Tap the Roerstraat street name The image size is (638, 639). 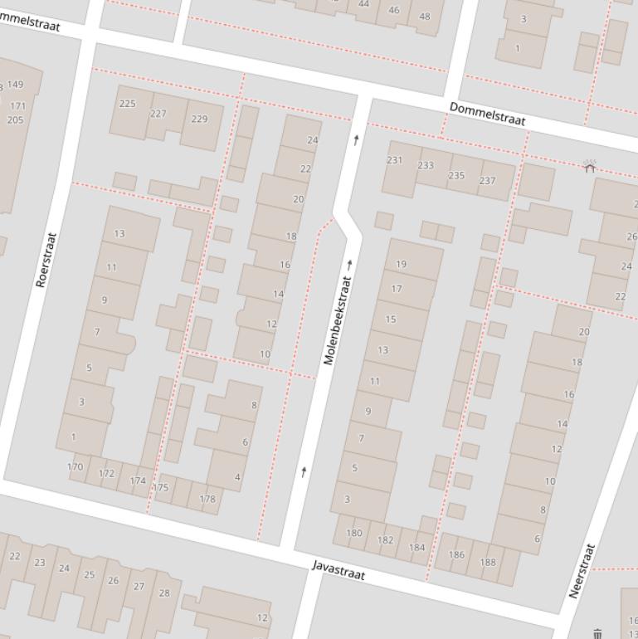click(x=47, y=260)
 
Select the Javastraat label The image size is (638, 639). click(x=338, y=570)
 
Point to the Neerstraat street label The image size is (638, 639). click(x=582, y=571)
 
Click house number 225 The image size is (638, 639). click(x=128, y=104)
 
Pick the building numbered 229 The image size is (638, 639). click(x=199, y=119)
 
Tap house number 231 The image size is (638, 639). click(x=395, y=160)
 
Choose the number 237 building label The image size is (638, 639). click(x=487, y=180)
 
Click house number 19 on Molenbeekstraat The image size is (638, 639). click(x=402, y=264)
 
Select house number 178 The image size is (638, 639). click(x=207, y=499)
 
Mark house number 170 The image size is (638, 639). click(x=75, y=466)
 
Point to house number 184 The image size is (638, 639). click(x=417, y=547)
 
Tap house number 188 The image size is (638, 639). click(x=488, y=562)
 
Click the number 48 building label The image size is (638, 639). click(x=425, y=16)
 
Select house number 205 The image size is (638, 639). click(x=15, y=120)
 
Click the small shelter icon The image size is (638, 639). click(x=590, y=167)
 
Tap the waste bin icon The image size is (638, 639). click(x=598, y=634)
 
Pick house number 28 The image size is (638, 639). click(x=164, y=593)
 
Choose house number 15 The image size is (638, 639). click(x=391, y=319)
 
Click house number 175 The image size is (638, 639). click(x=161, y=487)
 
